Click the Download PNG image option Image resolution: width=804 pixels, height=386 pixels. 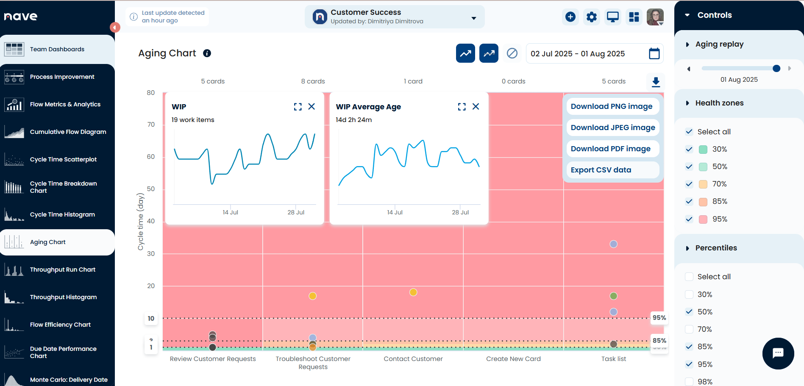612,106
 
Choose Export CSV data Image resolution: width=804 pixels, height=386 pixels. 601,170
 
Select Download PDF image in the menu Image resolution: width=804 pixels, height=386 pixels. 610,149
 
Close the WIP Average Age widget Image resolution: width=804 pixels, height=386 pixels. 476,106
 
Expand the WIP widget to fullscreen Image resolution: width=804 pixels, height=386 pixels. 298,107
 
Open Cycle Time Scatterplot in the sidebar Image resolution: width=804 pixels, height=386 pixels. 63,159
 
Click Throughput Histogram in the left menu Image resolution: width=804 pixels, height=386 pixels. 63,297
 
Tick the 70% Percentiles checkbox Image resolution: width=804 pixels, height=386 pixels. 689,329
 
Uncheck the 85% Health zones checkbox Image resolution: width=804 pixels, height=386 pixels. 689,202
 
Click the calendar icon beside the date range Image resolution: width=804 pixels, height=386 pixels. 654,54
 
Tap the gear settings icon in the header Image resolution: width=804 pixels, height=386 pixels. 592,17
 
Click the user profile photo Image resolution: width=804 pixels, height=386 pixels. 655,17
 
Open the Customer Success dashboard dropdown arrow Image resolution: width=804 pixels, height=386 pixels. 474,18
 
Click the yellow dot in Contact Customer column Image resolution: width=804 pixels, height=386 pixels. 413,292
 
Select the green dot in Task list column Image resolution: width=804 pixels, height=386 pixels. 613,296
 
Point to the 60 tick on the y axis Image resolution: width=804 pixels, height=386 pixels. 151,157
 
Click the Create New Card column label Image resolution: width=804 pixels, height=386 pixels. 513,359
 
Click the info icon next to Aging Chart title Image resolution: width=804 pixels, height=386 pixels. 207,53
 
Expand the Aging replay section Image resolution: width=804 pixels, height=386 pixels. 687,44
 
